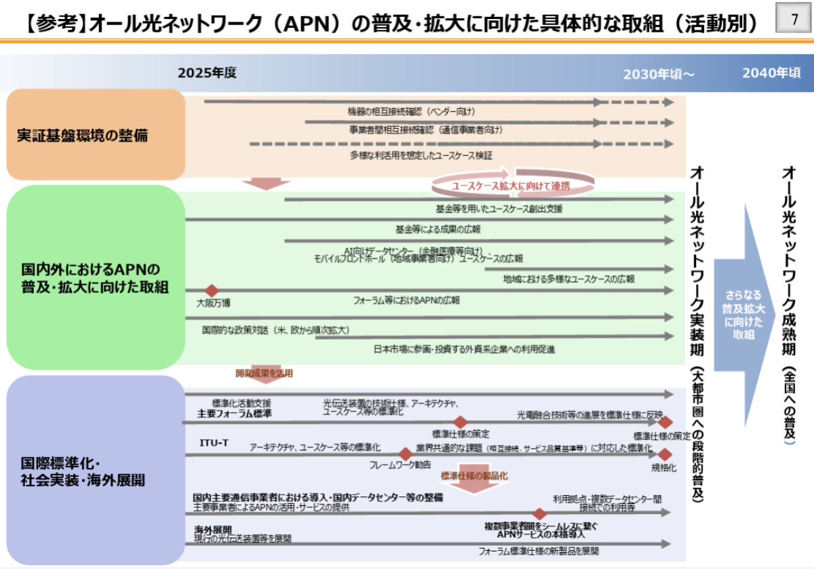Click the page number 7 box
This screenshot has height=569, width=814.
coord(794,20)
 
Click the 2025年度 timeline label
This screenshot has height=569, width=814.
coord(207,73)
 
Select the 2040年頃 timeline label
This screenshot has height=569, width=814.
coord(771,73)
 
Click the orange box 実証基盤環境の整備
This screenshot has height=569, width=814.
coord(96,134)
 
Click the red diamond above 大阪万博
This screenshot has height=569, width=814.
coord(212,290)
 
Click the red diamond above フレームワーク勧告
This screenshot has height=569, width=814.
coord(406,454)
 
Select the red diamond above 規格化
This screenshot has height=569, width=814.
coord(665,454)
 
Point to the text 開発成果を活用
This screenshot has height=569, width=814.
coord(264,373)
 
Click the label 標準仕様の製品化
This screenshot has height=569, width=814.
coord(474,476)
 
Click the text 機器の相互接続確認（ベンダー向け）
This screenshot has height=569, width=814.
coord(412,111)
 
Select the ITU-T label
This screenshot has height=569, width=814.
coord(214,443)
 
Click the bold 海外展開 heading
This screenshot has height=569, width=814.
coord(213,530)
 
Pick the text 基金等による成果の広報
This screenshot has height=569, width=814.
coord(438,229)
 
